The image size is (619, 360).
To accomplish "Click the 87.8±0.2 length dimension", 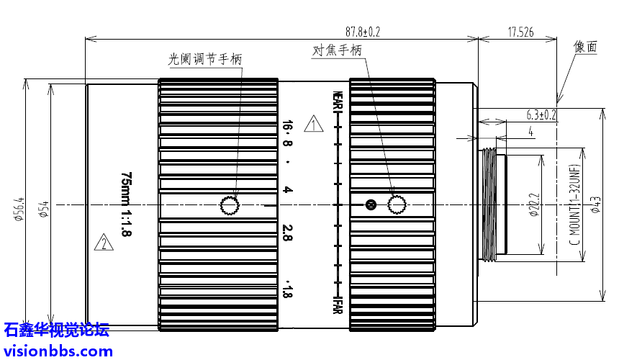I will [362, 32].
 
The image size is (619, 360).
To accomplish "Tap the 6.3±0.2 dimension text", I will [542, 114].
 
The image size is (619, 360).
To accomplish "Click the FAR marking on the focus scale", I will [336, 305].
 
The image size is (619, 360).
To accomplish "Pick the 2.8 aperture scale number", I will [288, 233].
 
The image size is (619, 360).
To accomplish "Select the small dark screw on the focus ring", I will [371, 205].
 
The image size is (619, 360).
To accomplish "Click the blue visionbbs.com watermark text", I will [57, 351].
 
